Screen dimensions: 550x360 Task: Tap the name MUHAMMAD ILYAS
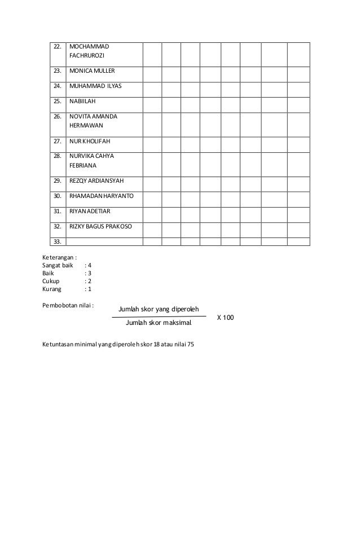pyautogui.click(x=95, y=87)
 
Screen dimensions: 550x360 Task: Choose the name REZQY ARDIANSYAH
pyautogui.click(x=96, y=181)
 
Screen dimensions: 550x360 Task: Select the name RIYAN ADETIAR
pyautogui.click(x=90, y=212)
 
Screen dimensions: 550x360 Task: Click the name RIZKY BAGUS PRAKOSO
pyautogui.click(x=101, y=226)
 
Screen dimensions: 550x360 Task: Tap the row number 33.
pyautogui.click(x=57, y=241)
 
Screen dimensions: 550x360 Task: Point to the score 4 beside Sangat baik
pyautogui.click(x=89, y=265)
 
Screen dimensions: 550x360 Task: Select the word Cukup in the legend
pyautogui.click(x=51, y=280)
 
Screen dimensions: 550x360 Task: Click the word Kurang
pyautogui.click(x=52, y=289)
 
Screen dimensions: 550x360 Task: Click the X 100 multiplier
pyautogui.click(x=225, y=318)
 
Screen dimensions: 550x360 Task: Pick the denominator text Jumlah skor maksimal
pyautogui.click(x=159, y=324)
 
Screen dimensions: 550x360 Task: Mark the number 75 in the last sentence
pyautogui.click(x=190, y=344)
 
